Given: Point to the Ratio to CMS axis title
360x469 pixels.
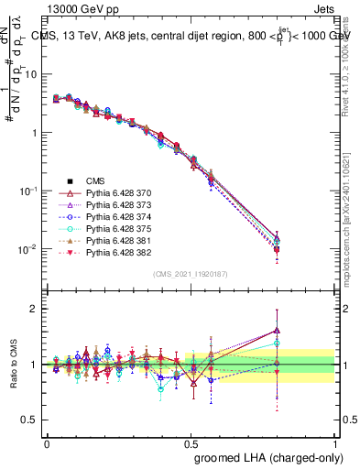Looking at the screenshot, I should tap(12, 364).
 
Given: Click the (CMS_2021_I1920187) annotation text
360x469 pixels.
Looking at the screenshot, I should tap(191, 273).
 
